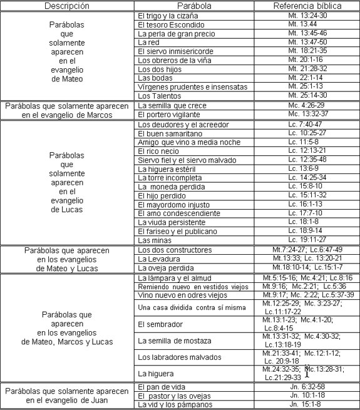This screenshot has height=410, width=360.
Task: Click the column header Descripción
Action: [67, 6]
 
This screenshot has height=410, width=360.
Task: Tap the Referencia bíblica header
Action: [306, 6]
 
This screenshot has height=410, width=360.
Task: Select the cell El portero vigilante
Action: [166, 115]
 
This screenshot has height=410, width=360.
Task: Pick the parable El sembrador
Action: [159, 325]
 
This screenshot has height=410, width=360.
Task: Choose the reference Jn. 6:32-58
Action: [306, 387]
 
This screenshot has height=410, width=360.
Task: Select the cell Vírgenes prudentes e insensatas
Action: [185, 86]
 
